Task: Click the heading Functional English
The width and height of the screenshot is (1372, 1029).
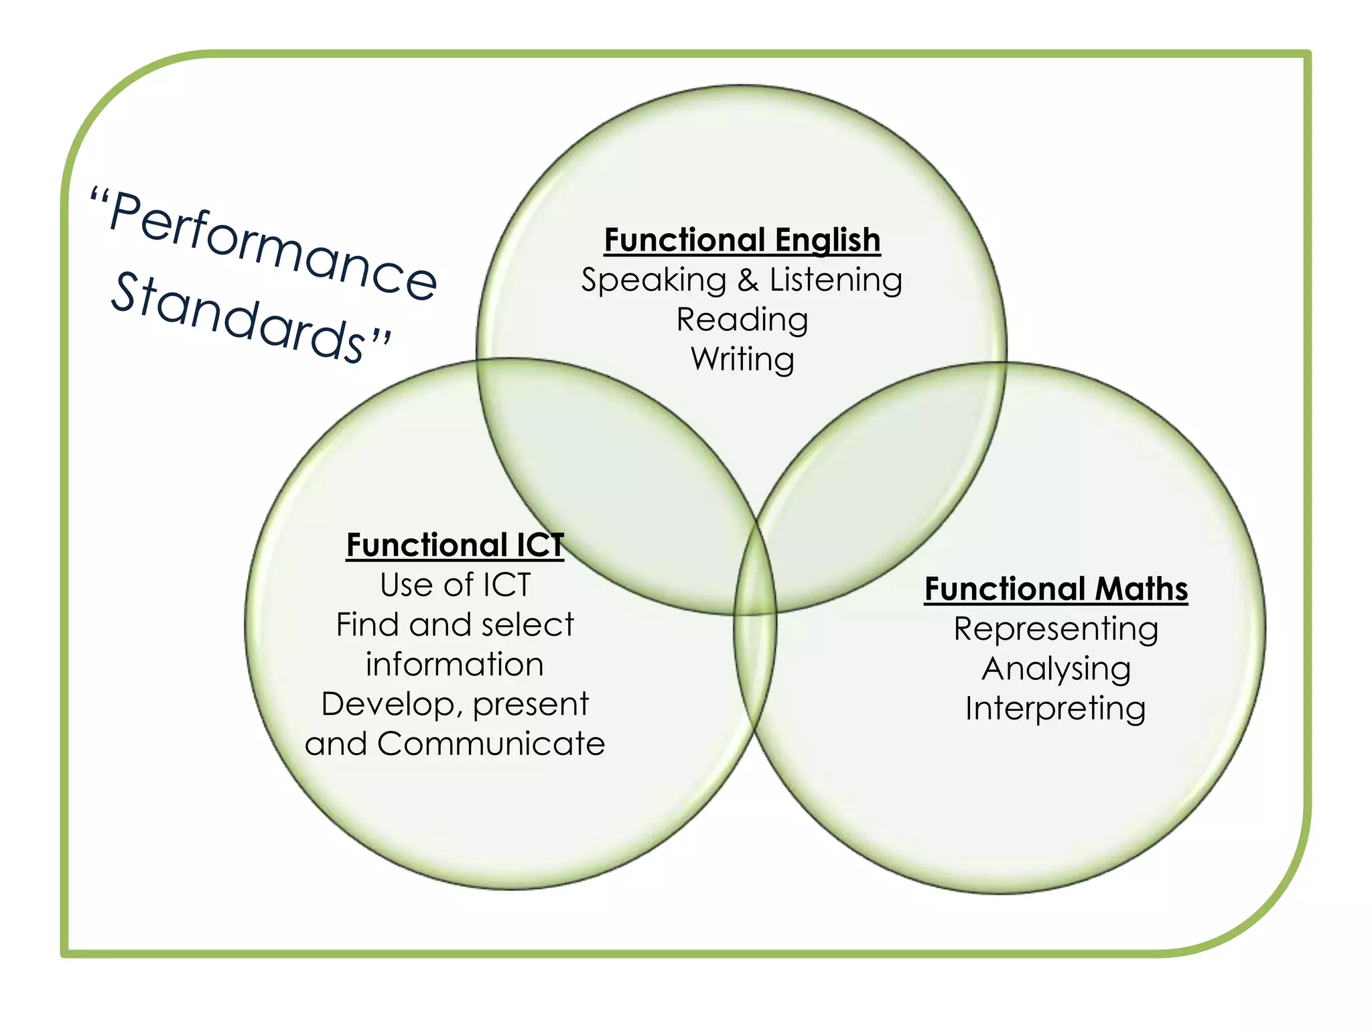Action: [x=742, y=240]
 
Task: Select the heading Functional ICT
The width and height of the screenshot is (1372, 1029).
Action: [x=455, y=545]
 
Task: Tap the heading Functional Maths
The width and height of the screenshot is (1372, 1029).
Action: [x=1056, y=589]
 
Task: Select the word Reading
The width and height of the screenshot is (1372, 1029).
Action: [x=742, y=320]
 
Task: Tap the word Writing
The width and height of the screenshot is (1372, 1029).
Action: [x=742, y=359]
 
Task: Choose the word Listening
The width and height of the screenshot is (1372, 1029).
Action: [x=836, y=280]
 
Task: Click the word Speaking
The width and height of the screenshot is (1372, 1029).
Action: [x=654, y=280]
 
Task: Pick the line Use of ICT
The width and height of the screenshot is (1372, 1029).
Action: [x=455, y=585]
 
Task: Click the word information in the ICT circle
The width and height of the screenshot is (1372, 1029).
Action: [x=455, y=665]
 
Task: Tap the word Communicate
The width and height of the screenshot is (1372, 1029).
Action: [x=491, y=744]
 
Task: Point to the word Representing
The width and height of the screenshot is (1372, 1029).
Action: [x=1056, y=629]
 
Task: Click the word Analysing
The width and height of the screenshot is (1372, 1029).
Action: [x=1056, y=669]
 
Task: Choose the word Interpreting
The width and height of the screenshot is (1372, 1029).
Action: [x=1056, y=709]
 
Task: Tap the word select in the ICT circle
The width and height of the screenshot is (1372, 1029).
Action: [x=527, y=625]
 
